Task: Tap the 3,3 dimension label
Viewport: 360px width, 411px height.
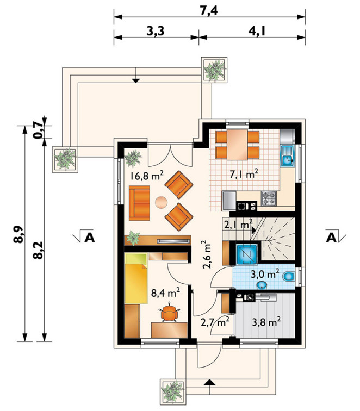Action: pos(155,31)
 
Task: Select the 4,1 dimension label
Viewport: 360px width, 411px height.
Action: pos(257,31)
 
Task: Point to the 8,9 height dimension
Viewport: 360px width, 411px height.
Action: pos(19,234)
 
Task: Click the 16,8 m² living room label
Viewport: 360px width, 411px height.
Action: pos(147,176)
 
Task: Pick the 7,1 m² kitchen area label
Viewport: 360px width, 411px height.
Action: pos(244,173)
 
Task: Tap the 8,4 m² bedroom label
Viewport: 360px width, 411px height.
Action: pos(165,292)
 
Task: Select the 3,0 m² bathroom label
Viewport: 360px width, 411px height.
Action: pos(265,274)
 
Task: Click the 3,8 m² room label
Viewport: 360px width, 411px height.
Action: pos(266,322)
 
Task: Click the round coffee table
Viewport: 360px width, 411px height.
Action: pos(161,203)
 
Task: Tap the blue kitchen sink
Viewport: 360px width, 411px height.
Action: pos(288,156)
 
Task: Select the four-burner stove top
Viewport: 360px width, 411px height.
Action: pos(269,198)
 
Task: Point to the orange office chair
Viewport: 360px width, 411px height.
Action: pos(170,312)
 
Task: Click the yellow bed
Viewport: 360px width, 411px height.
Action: pos(136,278)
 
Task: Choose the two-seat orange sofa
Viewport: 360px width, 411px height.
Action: pos(139,203)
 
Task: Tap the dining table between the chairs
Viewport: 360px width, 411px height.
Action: pos(237,145)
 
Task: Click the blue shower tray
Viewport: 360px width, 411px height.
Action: pos(246,254)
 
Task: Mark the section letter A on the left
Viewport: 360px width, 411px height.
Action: pos(89,237)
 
